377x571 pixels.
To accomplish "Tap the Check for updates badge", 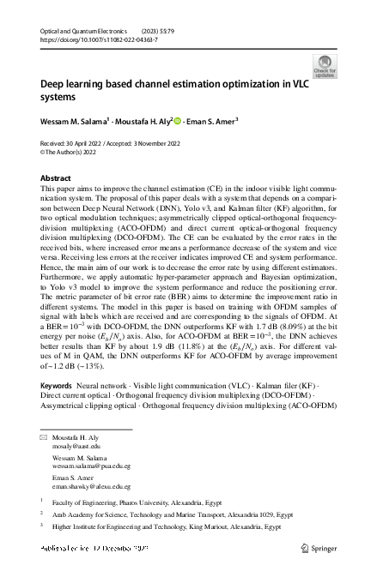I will click(326, 66).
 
